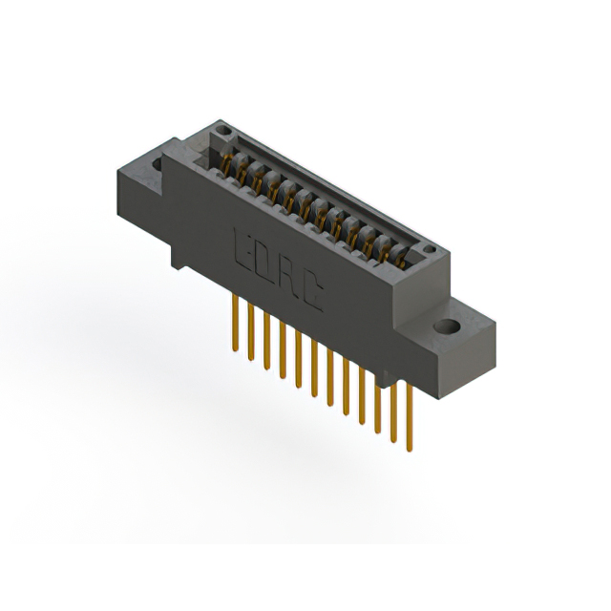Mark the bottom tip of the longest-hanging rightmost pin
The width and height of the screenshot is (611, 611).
click(x=410, y=449)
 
